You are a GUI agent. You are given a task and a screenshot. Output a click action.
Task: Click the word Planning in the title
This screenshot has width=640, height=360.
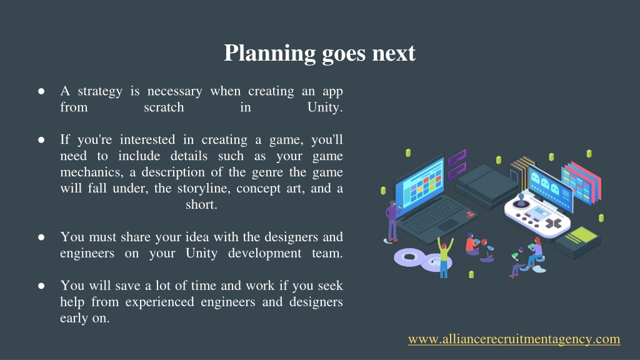269,54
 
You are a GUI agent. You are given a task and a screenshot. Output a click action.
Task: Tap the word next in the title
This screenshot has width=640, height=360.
394,54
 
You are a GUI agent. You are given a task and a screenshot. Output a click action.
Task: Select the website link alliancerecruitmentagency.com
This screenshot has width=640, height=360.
514,339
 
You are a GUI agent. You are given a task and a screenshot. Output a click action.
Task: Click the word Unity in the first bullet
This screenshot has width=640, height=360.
325,107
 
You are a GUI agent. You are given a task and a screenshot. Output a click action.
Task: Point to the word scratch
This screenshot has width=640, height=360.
164,107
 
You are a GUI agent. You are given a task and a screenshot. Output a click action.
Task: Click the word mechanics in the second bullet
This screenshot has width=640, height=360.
91,172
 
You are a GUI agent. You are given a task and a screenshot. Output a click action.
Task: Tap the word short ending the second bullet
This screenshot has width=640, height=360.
201,204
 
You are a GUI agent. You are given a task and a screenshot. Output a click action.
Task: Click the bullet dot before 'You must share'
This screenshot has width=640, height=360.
41,237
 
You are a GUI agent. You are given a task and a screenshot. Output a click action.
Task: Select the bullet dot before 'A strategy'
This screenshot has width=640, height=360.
41,91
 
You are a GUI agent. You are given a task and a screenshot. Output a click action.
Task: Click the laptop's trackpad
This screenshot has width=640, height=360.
448,225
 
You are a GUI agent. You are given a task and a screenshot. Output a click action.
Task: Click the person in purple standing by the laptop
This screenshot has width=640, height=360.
392,221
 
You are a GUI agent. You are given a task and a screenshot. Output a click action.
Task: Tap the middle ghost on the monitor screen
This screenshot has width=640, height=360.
545,183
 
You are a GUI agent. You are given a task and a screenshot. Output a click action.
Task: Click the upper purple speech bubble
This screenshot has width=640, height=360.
457,157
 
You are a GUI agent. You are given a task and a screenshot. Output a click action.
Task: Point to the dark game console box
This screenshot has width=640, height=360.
486,186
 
